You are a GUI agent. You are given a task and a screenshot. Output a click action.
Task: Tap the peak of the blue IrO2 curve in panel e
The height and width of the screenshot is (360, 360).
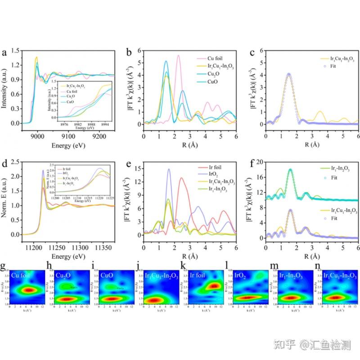coord(169,169)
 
